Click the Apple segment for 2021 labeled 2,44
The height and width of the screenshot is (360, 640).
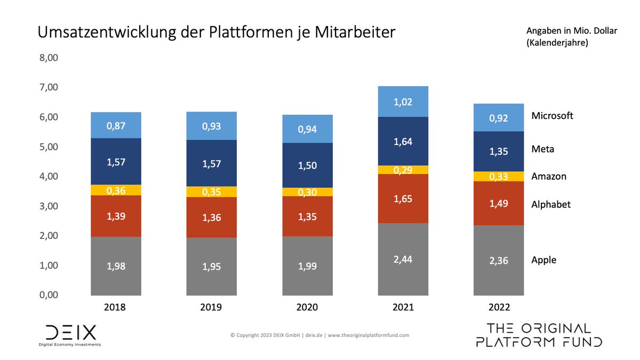(x=403, y=259)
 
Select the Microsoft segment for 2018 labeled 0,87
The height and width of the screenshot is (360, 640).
(x=116, y=125)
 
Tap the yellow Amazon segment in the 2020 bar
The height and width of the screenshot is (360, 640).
(x=307, y=192)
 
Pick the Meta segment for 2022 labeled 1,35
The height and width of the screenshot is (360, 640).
(x=499, y=151)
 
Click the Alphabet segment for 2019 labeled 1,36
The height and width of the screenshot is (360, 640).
(x=212, y=217)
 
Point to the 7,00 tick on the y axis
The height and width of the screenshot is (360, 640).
(x=49, y=87)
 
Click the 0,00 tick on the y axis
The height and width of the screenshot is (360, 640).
(x=49, y=295)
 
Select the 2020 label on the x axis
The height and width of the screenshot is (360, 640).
(x=307, y=308)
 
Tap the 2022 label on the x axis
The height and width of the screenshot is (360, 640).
(x=499, y=308)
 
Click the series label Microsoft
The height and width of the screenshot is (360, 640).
(x=552, y=116)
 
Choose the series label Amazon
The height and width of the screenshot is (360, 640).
(x=549, y=176)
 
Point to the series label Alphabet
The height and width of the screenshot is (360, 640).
(x=551, y=204)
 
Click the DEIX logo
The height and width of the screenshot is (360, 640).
(x=70, y=333)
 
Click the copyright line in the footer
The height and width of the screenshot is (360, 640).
(x=320, y=335)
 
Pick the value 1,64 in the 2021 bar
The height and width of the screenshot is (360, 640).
(x=403, y=142)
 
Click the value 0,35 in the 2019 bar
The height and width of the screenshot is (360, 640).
(x=212, y=191)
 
